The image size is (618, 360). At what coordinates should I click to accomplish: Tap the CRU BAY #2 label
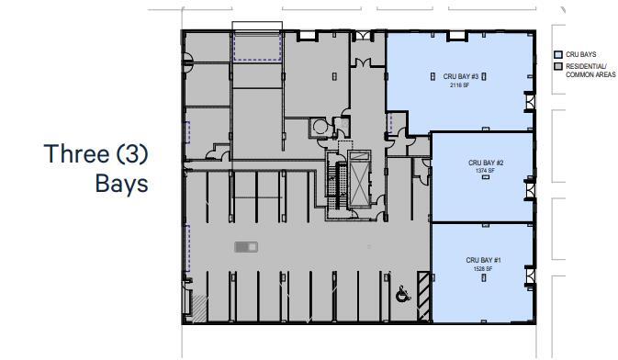tap(485, 163)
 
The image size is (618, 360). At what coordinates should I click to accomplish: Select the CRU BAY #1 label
tap(483, 260)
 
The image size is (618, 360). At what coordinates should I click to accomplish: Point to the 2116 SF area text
tap(458, 84)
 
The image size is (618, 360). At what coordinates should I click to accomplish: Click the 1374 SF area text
tap(485, 172)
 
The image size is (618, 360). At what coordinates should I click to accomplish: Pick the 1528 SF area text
tap(483, 268)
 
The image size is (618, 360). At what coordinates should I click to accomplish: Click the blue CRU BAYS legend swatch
tap(557, 54)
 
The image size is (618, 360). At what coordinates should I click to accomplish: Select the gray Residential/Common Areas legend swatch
tap(557, 67)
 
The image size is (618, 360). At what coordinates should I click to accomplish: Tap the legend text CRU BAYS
tap(581, 54)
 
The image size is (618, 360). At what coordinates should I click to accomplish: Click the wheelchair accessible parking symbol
tap(401, 294)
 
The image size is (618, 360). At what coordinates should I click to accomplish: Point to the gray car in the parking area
tap(246, 246)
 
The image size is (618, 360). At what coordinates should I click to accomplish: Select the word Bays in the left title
tap(121, 183)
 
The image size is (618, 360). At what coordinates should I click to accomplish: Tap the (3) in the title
tap(130, 153)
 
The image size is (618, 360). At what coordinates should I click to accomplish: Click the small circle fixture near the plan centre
tap(320, 127)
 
